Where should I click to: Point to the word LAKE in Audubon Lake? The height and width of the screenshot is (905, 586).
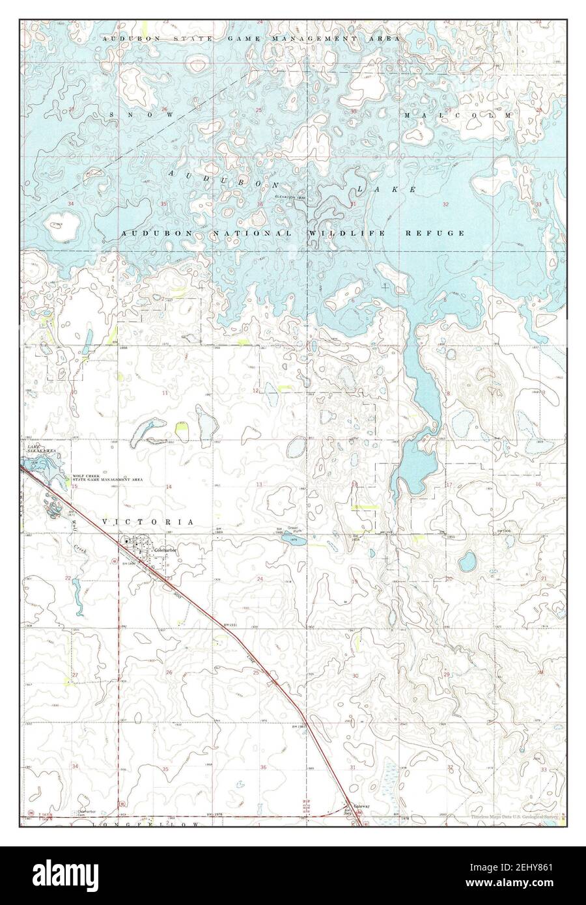point(386,188)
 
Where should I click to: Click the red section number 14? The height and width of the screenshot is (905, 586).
point(168,487)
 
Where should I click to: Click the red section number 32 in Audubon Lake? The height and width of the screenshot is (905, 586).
point(445,204)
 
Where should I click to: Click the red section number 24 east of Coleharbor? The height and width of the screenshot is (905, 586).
point(260,579)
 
